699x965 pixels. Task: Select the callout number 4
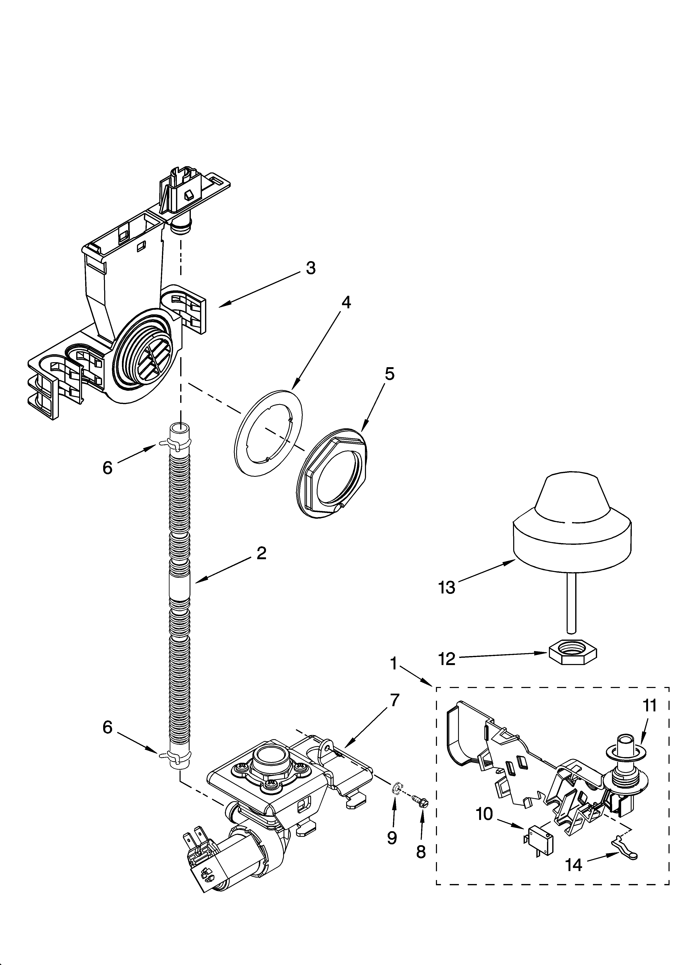[x=346, y=302]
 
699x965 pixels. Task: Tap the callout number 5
[x=389, y=374]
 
